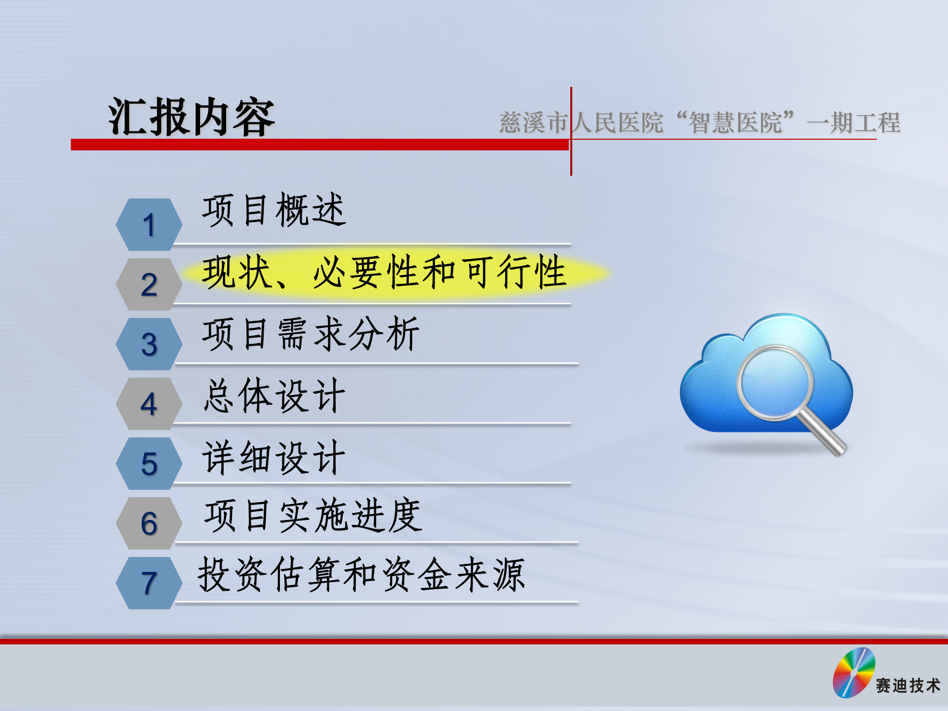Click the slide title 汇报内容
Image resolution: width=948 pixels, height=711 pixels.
pos(192,118)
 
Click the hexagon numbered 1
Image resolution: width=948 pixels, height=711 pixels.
pos(149,225)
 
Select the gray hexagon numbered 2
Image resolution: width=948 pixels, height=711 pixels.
pos(149,284)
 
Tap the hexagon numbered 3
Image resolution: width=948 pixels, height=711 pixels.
pos(149,344)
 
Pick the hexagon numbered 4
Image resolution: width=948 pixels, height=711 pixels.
pos(149,404)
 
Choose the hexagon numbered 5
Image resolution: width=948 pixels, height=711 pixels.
pos(149,464)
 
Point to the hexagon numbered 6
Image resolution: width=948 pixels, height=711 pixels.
pos(149,523)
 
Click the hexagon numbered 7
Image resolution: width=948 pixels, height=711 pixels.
pos(149,583)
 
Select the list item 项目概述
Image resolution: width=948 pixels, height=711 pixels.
pos(274,210)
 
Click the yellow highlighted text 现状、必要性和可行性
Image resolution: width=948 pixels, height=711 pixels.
pos(384,273)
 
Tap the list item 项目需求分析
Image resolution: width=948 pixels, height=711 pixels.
pos(311,334)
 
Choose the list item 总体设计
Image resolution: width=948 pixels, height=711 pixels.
pos(274,396)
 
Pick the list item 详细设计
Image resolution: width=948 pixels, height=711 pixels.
pos(274,458)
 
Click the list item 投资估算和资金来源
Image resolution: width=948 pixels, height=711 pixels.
pos(361,575)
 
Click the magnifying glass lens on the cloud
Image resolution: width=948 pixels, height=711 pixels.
pos(774,383)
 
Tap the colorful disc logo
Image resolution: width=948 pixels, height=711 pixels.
pos(854,672)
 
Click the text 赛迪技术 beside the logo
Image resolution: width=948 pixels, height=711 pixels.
pos(908,686)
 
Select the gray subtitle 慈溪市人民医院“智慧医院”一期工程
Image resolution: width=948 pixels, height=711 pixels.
pos(700,122)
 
